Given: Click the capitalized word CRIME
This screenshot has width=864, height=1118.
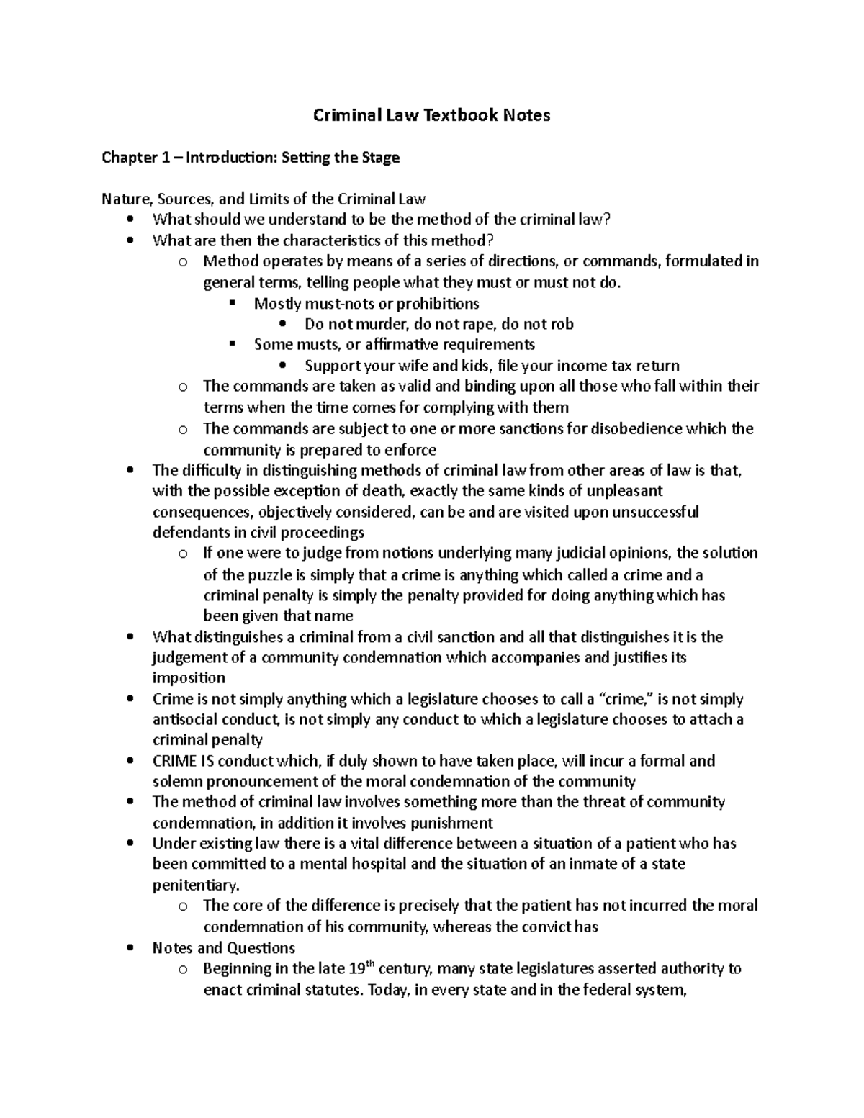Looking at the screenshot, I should [x=174, y=761].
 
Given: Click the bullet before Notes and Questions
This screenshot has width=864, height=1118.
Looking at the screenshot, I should [x=130, y=948].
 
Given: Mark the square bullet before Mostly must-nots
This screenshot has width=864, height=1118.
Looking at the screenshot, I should [x=232, y=303].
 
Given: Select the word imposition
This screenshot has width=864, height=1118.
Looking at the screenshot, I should [x=189, y=678].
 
